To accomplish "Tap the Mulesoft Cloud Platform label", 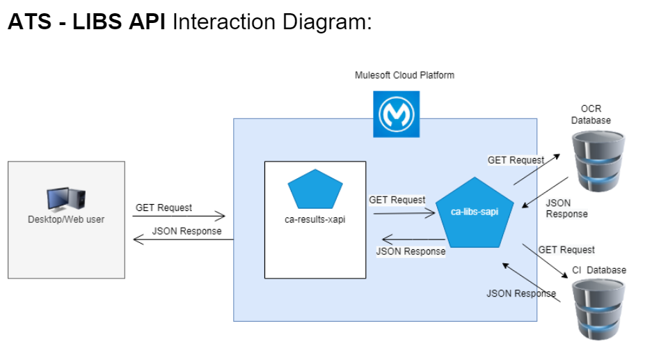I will click(x=404, y=75).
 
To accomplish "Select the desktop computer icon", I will click(x=66, y=199).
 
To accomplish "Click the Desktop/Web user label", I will click(x=66, y=220).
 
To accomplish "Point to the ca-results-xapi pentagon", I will click(x=315, y=189).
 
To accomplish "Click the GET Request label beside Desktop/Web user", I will click(x=164, y=208).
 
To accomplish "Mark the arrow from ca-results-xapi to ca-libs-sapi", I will click(x=404, y=214).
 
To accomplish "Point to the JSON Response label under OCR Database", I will click(x=566, y=208).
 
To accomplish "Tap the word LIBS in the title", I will click(x=106, y=22).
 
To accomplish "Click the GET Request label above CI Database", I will click(x=566, y=250).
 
